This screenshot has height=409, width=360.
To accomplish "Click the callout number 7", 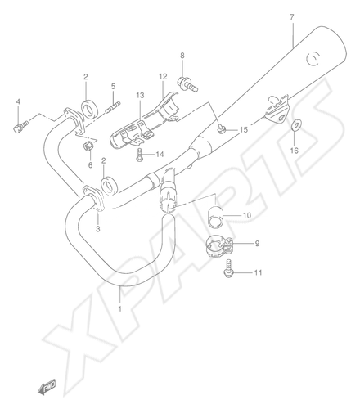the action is click(x=292, y=17).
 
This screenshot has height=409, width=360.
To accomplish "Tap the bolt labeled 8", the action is click(x=187, y=84).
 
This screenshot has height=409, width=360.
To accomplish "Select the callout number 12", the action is click(x=163, y=77).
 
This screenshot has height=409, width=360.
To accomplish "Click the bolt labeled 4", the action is click(x=20, y=127).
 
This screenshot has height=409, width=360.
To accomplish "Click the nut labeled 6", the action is click(x=88, y=147).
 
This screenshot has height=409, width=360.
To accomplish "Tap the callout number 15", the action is click(x=244, y=130).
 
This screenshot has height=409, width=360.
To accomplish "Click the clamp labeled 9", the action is click(x=219, y=246).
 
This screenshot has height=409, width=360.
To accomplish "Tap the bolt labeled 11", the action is click(x=228, y=269).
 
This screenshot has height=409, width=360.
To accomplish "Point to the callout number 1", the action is click(x=119, y=308).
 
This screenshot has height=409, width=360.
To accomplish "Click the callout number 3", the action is click(x=97, y=229).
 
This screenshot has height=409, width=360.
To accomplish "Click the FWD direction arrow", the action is click(x=47, y=386).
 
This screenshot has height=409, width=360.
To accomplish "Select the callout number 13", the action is click(x=140, y=96).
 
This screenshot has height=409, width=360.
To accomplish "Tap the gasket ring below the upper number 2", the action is click(x=88, y=110).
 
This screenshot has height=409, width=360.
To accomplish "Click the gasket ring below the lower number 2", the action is click(x=110, y=187).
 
